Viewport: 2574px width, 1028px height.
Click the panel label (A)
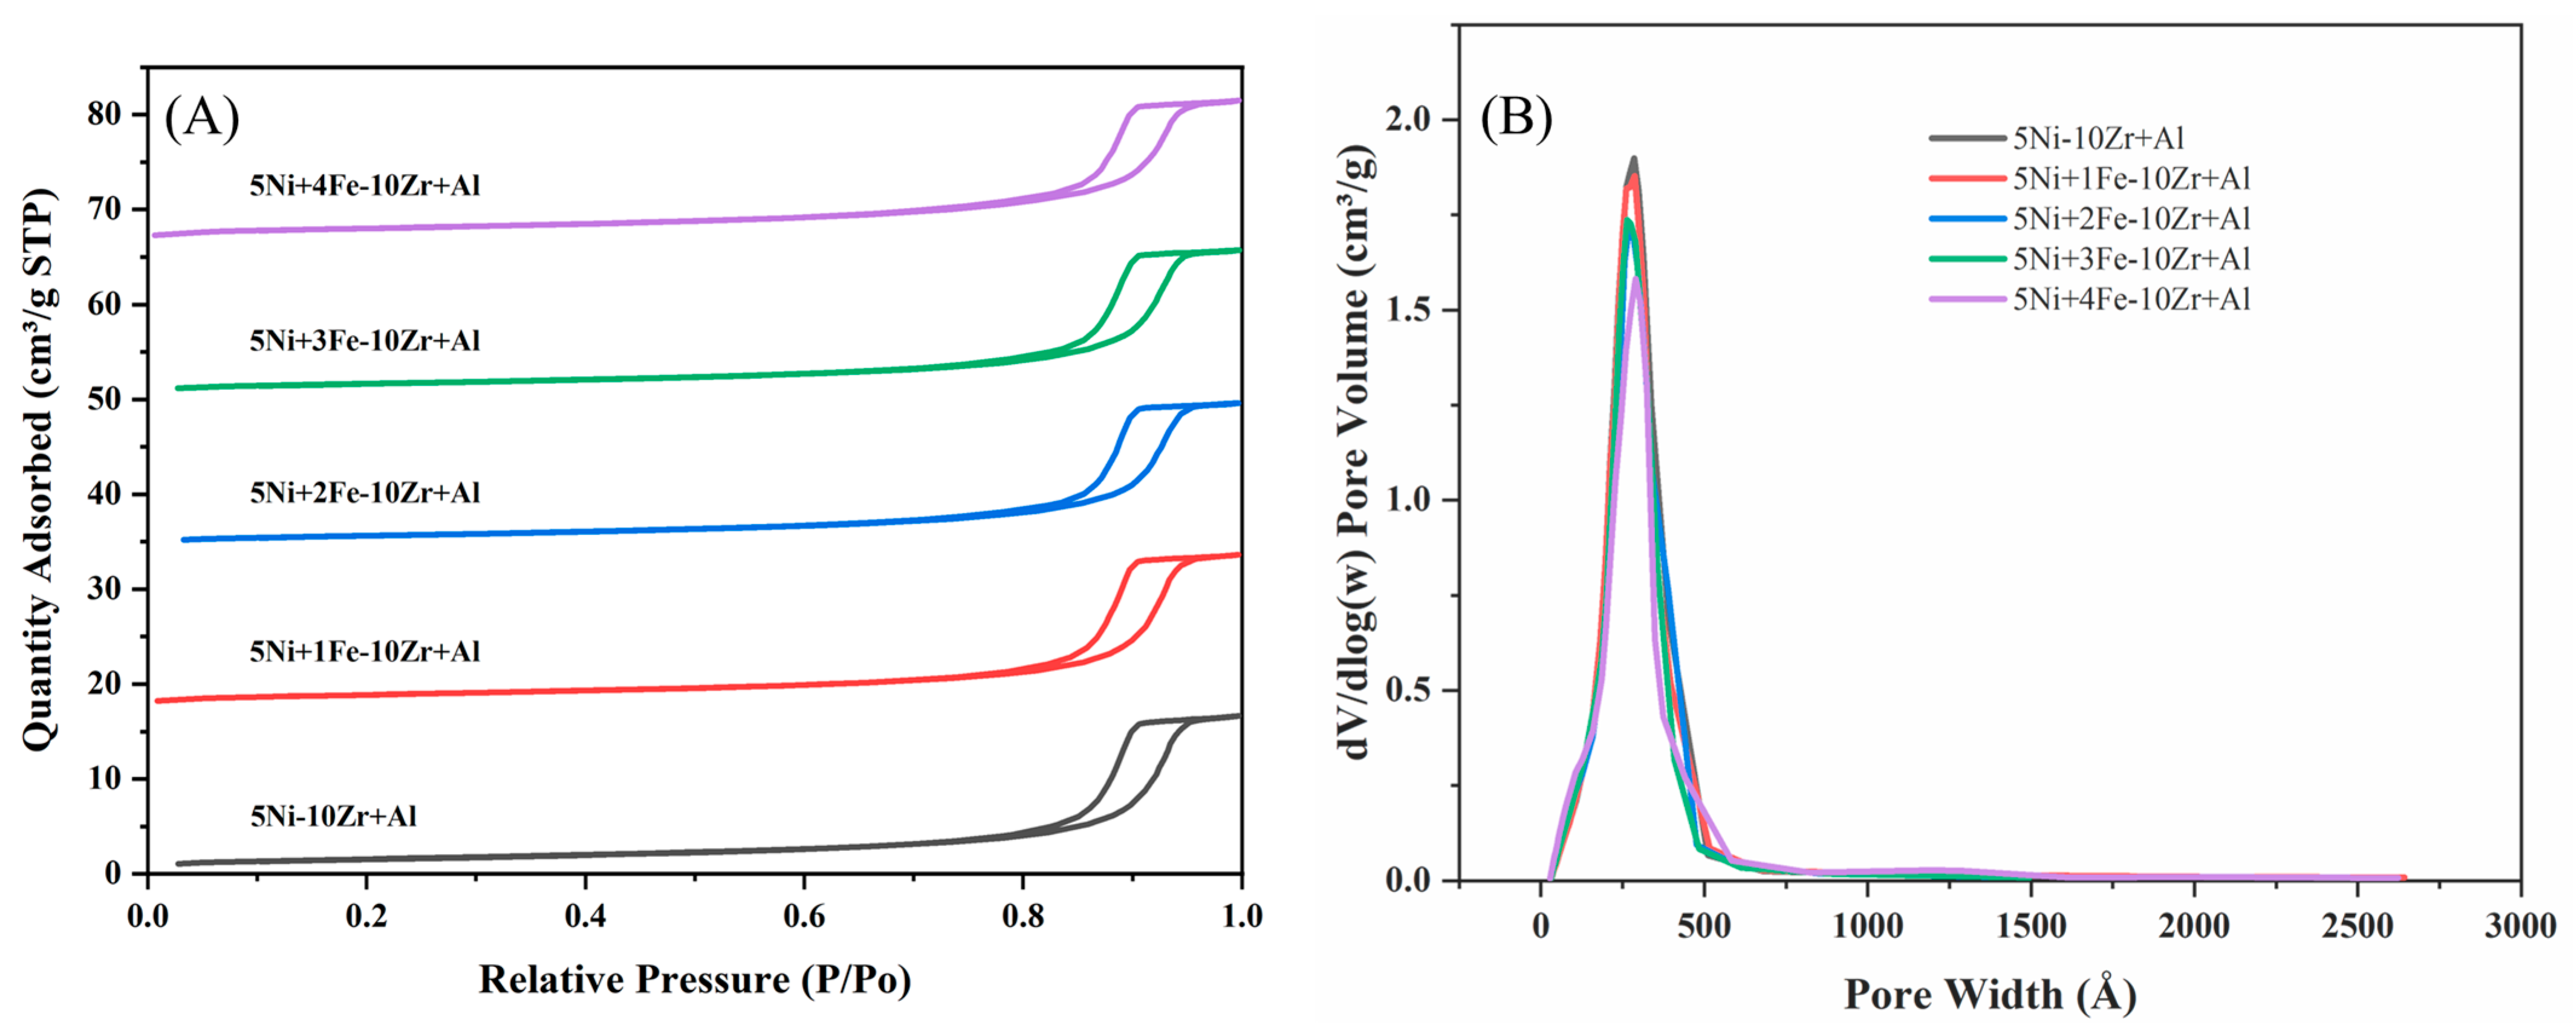tap(202, 118)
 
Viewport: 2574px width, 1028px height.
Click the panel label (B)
tap(1516, 118)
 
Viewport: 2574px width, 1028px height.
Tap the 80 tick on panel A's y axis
tap(104, 114)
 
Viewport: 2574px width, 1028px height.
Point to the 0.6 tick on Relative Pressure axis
tap(804, 915)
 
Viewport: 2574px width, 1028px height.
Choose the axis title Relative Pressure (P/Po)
tap(695, 980)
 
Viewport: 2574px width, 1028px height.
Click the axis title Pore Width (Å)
tap(1989, 994)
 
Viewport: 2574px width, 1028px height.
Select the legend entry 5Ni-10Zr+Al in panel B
tap(2098, 138)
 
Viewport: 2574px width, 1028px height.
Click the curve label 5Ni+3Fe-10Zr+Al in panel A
tap(365, 340)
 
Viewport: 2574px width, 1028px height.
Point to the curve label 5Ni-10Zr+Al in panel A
tap(333, 816)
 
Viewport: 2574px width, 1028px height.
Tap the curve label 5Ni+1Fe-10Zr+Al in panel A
tap(365, 651)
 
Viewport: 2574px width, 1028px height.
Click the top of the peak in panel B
tap(1634, 160)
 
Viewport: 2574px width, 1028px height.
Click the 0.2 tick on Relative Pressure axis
tap(366, 915)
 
